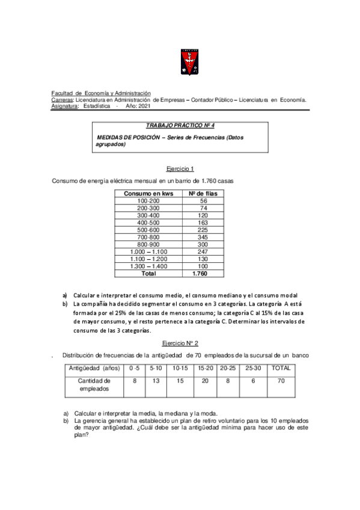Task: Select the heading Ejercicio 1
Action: tap(179, 169)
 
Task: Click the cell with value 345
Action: tap(203, 238)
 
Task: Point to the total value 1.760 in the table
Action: tap(200, 273)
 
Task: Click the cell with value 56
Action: tap(203, 201)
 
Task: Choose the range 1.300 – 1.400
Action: tap(148, 266)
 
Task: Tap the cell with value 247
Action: tap(203, 252)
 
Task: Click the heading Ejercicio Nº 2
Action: tap(180, 343)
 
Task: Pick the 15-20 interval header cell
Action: tap(205, 368)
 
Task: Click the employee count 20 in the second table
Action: tap(205, 381)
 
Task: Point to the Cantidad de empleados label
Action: tap(94, 385)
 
